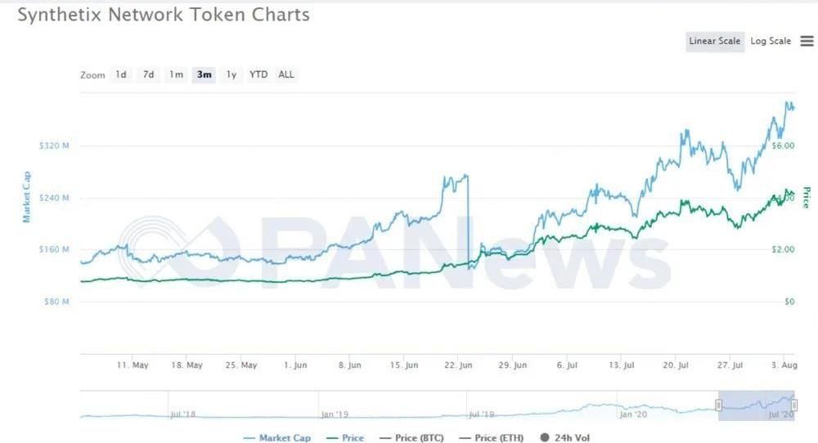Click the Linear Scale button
[x=714, y=42]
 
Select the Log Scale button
[x=771, y=42]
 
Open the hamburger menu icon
[x=807, y=42]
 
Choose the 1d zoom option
[x=121, y=75]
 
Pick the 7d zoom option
[x=148, y=75]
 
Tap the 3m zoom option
[x=204, y=75]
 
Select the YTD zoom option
[x=258, y=75]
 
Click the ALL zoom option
[x=286, y=75]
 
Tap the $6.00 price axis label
[x=783, y=146]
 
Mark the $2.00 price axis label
[x=783, y=250]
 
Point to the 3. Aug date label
[x=784, y=365]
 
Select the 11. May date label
[x=133, y=365]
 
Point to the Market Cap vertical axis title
[x=27, y=196]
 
